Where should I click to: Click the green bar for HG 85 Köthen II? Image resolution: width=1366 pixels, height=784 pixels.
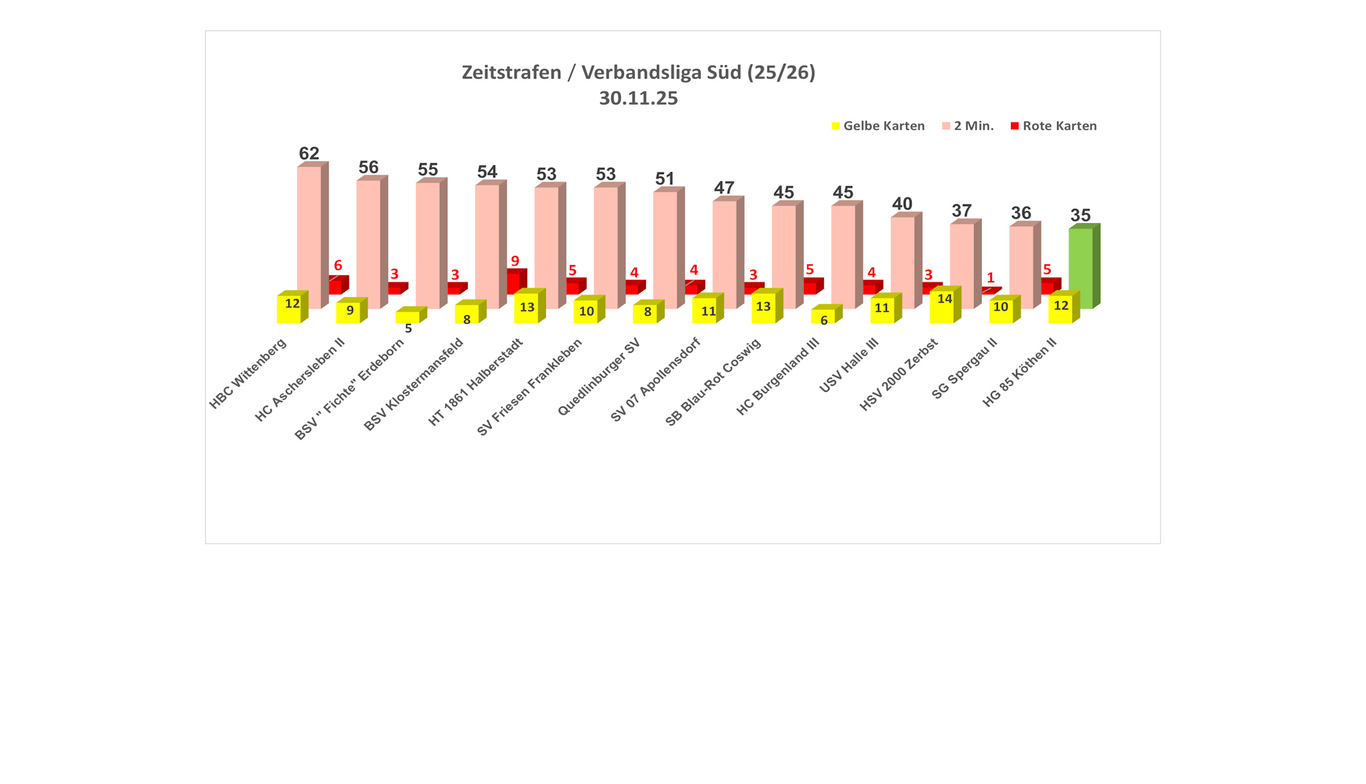(1080, 268)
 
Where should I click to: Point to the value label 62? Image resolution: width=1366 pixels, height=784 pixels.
(309, 153)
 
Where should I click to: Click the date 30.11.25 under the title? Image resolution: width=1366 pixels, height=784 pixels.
(638, 98)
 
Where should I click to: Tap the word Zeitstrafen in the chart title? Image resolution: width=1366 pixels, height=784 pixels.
(511, 72)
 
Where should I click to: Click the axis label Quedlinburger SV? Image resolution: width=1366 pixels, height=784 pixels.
(599, 377)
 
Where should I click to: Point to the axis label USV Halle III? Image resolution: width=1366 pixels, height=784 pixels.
(848, 366)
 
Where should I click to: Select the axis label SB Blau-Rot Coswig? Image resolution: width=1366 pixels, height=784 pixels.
(713, 382)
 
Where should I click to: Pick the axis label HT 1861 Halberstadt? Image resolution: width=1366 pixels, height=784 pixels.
(476, 382)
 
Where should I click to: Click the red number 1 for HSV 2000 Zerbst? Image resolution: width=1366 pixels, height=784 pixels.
(991, 278)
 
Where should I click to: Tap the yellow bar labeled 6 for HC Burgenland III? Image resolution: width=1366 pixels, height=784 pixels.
(823, 315)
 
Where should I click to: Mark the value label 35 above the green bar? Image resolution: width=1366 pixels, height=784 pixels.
(1080, 215)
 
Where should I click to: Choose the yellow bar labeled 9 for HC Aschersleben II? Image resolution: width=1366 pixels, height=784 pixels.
(348, 311)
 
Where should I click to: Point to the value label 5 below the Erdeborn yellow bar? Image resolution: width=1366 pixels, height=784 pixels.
(408, 329)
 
